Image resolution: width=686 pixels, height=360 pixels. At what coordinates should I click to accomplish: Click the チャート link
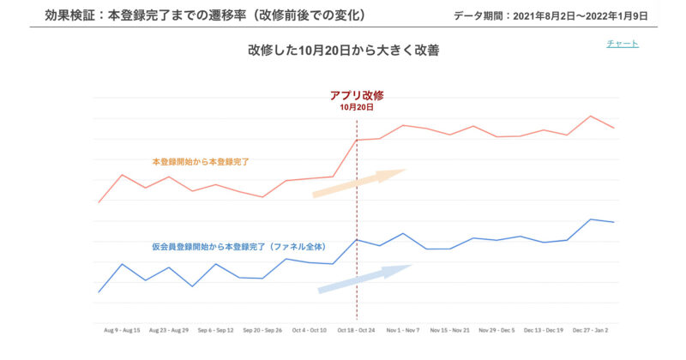point(622,44)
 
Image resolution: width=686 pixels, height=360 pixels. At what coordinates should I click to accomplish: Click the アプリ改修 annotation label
point(356,95)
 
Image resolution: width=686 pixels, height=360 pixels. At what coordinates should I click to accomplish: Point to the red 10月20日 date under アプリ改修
point(356,108)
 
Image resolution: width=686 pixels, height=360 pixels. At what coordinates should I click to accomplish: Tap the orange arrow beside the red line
point(358,183)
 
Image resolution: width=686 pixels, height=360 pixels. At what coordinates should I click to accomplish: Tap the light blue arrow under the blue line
point(364,279)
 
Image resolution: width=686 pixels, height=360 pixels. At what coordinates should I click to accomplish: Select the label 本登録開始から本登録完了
point(201,161)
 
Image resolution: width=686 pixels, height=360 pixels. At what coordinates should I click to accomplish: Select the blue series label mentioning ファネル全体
point(239,246)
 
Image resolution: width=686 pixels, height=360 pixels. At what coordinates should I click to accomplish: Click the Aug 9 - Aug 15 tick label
point(122,329)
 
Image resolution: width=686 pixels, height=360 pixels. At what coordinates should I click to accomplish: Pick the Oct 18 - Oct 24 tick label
point(356,329)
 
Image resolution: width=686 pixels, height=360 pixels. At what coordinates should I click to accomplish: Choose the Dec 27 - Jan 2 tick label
point(591,329)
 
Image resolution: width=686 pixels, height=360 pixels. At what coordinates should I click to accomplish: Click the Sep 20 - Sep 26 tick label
point(262,329)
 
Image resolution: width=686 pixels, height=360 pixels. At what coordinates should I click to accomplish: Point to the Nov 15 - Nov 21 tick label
point(450,329)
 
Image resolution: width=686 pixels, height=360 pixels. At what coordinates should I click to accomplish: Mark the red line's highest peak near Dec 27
point(591,117)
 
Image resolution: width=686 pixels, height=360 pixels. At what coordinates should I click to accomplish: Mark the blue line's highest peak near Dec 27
point(591,219)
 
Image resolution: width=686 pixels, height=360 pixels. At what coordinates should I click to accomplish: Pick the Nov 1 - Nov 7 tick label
point(403,329)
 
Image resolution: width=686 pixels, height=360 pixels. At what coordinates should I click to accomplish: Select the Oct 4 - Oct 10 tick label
point(310,329)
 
